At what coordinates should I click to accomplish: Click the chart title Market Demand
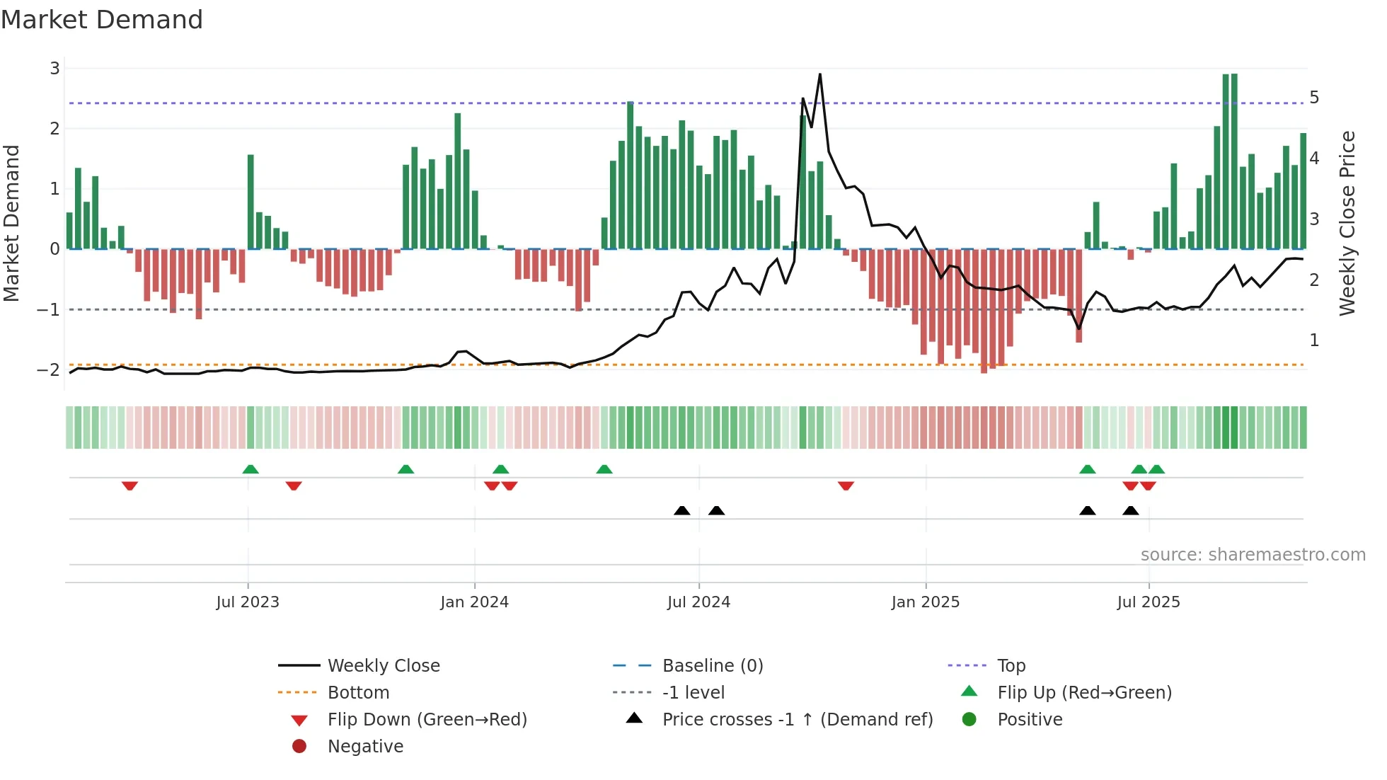[102, 20]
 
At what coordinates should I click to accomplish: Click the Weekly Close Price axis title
[1347, 223]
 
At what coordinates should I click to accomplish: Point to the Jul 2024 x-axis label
[698, 602]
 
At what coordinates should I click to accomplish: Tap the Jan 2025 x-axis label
[925, 602]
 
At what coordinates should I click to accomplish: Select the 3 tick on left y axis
[54, 69]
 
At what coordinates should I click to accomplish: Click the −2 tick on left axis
[49, 370]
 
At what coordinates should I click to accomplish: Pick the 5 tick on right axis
[1314, 98]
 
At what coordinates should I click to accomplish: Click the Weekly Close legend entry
[383, 666]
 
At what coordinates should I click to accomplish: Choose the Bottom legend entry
[358, 693]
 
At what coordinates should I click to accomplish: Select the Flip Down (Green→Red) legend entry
[427, 720]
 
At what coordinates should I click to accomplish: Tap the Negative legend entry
[365, 747]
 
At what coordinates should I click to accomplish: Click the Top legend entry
[1011, 666]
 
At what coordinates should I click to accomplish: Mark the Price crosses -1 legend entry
[797, 720]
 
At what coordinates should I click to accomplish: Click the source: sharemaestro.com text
[1253, 555]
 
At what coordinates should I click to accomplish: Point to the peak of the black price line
[819, 74]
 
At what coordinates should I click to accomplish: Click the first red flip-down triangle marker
[130, 486]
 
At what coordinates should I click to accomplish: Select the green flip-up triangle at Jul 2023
[251, 469]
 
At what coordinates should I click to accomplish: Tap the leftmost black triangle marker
[681, 510]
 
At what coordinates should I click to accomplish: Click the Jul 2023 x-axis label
[248, 602]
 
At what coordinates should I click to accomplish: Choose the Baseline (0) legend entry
[712, 666]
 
